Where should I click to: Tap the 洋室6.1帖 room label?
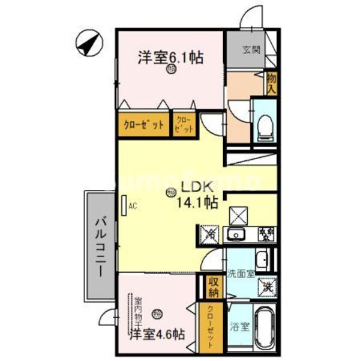(170, 58)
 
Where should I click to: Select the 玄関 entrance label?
(251, 49)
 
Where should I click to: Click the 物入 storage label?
(271, 83)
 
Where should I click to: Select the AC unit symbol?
(124, 205)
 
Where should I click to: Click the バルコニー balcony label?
(100, 247)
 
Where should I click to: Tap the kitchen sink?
(236, 234)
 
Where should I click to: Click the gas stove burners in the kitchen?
(265, 233)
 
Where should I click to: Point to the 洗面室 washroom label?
(241, 273)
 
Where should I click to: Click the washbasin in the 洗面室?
(261, 259)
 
